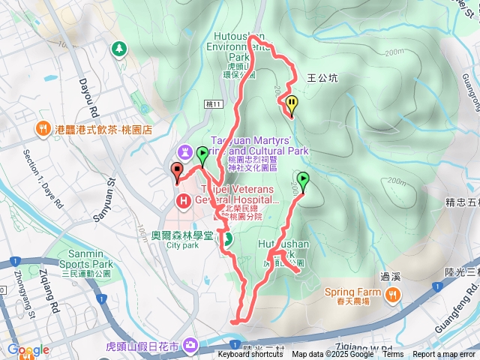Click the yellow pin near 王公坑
pos(291,105)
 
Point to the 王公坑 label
pos(323,77)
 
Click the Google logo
pos(28,349)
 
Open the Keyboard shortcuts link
pos(250,355)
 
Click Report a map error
pos(444,355)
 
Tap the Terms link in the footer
pos(393,355)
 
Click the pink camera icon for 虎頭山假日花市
pos(190,345)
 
